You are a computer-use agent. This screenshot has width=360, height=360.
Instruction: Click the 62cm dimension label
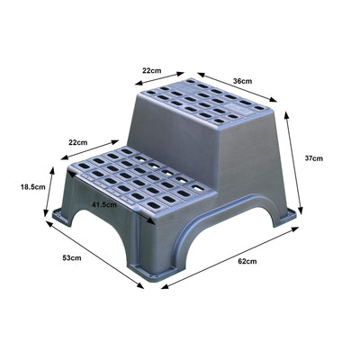pos(247,262)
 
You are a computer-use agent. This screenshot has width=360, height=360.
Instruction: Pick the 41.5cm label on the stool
pos(106,205)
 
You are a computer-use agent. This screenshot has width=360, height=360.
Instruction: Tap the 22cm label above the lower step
pos(77,142)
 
